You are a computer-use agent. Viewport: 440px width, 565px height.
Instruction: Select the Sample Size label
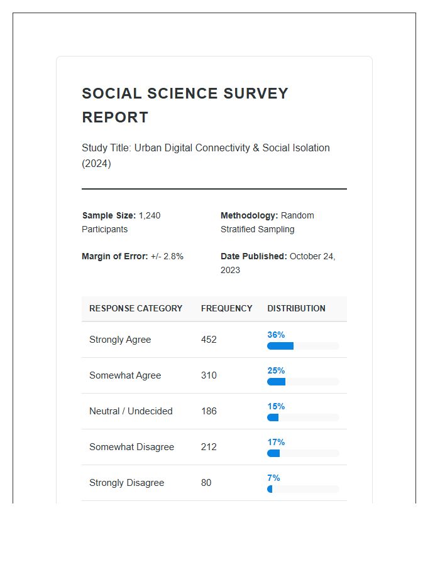(x=109, y=215)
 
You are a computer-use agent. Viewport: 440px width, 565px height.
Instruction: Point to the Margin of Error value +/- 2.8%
(x=167, y=256)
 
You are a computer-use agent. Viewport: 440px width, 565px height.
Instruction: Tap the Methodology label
(x=249, y=215)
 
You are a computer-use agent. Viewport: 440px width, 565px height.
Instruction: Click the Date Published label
(x=253, y=256)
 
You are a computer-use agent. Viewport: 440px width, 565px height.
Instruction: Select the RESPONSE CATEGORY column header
(x=136, y=308)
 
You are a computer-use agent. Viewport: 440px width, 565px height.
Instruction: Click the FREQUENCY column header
(x=226, y=308)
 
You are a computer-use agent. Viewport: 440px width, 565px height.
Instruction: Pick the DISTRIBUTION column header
(x=296, y=308)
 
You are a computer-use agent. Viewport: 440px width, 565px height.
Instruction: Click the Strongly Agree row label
(x=120, y=340)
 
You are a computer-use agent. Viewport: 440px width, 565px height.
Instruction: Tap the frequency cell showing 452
(x=209, y=340)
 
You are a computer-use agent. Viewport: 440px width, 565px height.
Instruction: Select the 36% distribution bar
(x=280, y=346)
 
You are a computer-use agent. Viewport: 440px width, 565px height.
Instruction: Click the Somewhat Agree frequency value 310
(x=209, y=375)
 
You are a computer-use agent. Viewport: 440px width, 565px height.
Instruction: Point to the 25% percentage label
(x=276, y=370)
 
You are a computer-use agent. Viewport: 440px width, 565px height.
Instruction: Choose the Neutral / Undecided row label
(x=131, y=411)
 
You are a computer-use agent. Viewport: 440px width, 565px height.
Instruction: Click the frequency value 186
(x=209, y=411)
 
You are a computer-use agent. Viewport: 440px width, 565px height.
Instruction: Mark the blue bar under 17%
(x=273, y=453)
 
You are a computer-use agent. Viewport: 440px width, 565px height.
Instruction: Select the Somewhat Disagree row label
(x=131, y=447)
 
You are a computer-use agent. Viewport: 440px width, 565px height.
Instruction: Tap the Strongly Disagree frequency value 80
(x=206, y=483)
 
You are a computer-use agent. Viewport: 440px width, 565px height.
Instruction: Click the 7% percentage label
(x=273, y=478)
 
